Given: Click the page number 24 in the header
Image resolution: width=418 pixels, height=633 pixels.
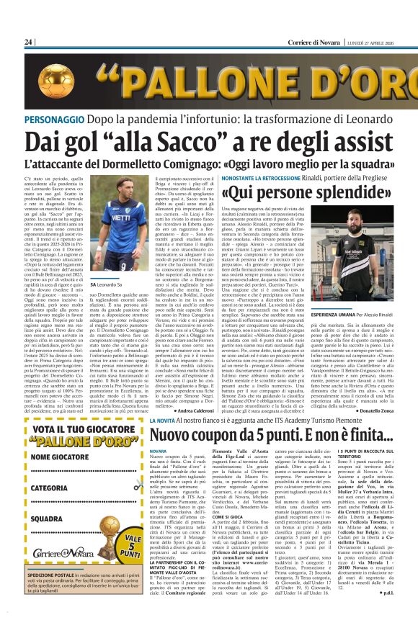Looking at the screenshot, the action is point(29,42).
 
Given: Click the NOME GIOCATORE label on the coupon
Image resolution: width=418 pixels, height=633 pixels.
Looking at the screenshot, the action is point(61,456).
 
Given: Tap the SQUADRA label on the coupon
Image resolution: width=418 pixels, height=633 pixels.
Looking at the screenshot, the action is point(48,518).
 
